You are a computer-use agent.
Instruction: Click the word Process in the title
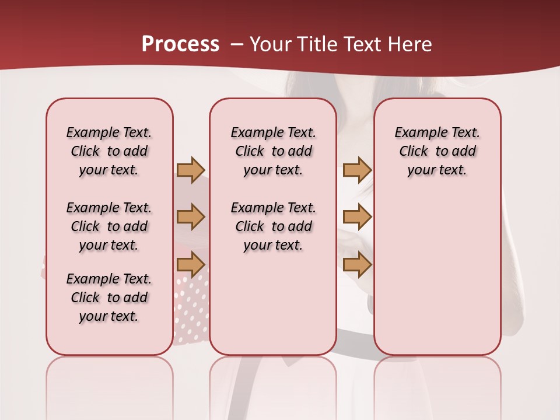click(x=180, y=44)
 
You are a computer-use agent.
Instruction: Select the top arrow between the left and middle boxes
click(x=191, y=170)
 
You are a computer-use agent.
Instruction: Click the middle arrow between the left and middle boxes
click(x=191, y=217)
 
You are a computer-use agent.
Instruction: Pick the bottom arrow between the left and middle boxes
click(x=191, y=264)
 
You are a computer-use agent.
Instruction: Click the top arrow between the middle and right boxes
click(x=357, y=170)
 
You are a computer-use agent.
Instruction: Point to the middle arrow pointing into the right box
click(x=357, y=217)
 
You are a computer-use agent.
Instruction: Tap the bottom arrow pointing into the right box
click(x=357, y=264)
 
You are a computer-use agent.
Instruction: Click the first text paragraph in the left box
click(x=109, y=151)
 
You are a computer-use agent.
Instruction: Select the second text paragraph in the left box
click(x=109, y=226)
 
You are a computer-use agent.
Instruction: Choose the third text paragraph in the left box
click(x=109, y=297)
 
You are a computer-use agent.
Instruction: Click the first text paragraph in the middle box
click(x=273, y=151)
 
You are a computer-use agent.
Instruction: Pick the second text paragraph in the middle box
click(x=273, y=226)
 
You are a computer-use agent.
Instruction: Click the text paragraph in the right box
click(x=437, y=151)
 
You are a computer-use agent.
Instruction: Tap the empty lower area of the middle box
click(x=273, y=303)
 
